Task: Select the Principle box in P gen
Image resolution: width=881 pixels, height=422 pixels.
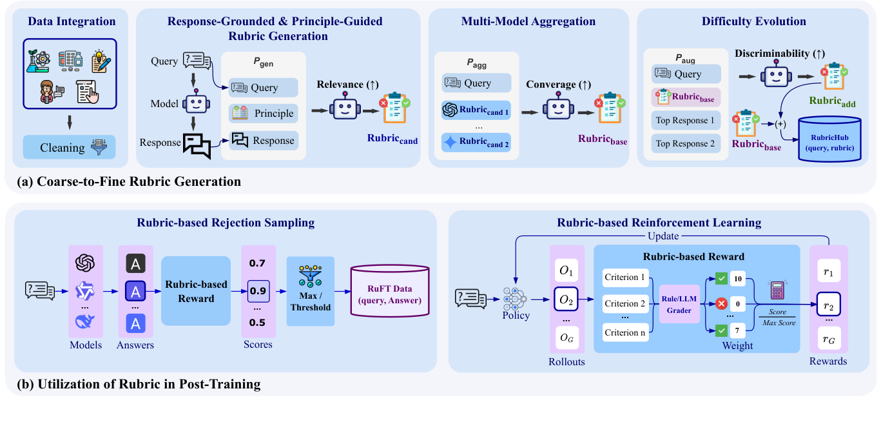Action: pyautogui.click(x=263, y=114)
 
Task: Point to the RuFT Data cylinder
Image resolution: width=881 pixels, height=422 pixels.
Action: pyautogui.click(x=389, y=292)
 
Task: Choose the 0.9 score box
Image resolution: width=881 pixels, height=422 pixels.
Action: pyautogui.click(x=257, y=290)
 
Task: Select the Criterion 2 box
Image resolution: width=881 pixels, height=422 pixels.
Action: pyautogui.click(x=625, y=303)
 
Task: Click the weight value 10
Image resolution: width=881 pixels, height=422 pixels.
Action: pyautogui.click(x=739, y=279)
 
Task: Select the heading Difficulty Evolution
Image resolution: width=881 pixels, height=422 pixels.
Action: pyautogui.click(x=753, y=22)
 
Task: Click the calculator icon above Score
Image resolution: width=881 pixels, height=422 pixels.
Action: pyautogui.click(x=777, y=290)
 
